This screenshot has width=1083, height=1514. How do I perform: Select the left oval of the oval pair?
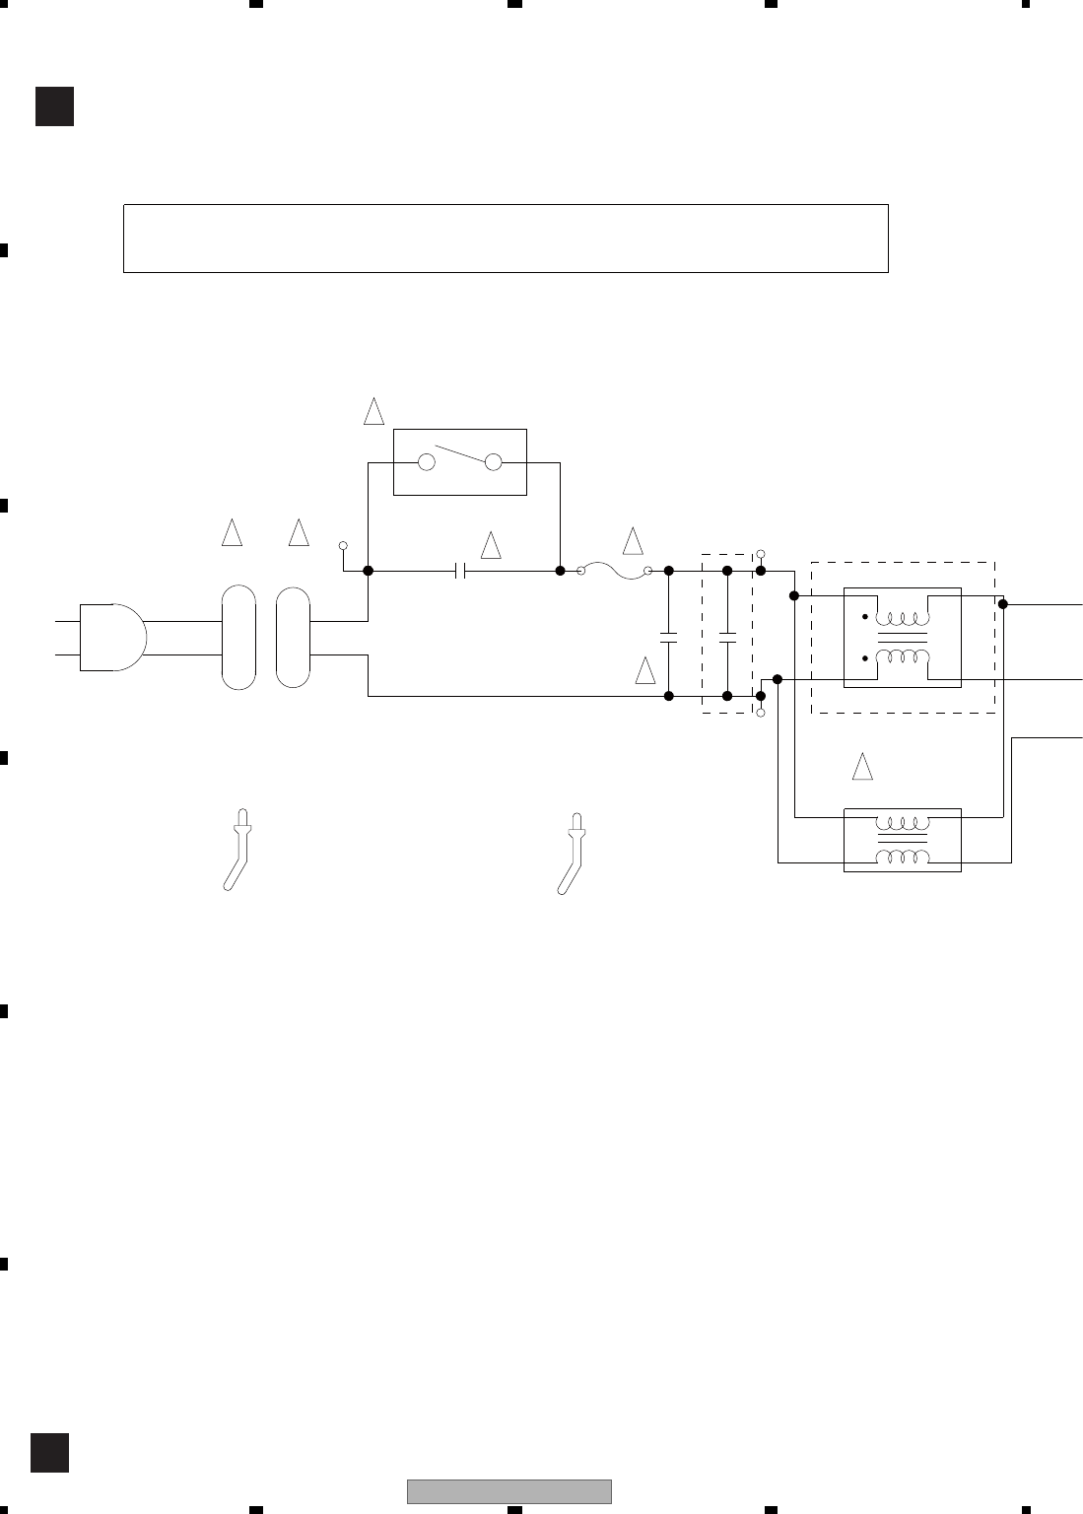[238, 637]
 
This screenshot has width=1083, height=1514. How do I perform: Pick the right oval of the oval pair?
[294, 637]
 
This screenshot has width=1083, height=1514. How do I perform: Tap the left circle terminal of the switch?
[427, 461]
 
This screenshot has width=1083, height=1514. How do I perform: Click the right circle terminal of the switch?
[494, 461]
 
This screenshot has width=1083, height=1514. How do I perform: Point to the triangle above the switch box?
[373, 411]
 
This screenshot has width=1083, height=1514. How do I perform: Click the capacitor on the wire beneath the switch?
[459, 571]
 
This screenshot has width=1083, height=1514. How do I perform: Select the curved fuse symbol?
[614, 570]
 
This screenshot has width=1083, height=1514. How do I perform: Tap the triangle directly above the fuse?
[633, 540]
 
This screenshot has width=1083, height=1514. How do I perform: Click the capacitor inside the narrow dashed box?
[726, 636]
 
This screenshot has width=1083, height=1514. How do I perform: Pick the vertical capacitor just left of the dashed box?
[668, 636]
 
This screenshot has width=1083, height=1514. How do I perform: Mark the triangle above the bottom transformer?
[862, 767]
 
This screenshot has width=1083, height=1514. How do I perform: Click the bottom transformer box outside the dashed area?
[902, 840]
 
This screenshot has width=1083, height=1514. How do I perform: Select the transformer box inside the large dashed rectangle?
[902, 637]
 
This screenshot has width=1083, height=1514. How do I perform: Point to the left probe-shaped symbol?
[237, 849]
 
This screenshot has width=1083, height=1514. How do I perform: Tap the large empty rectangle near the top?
[506, 238]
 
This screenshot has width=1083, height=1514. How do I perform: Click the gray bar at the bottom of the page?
[508, 1491]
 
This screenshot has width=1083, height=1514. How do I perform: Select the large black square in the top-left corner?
[54, 106]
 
